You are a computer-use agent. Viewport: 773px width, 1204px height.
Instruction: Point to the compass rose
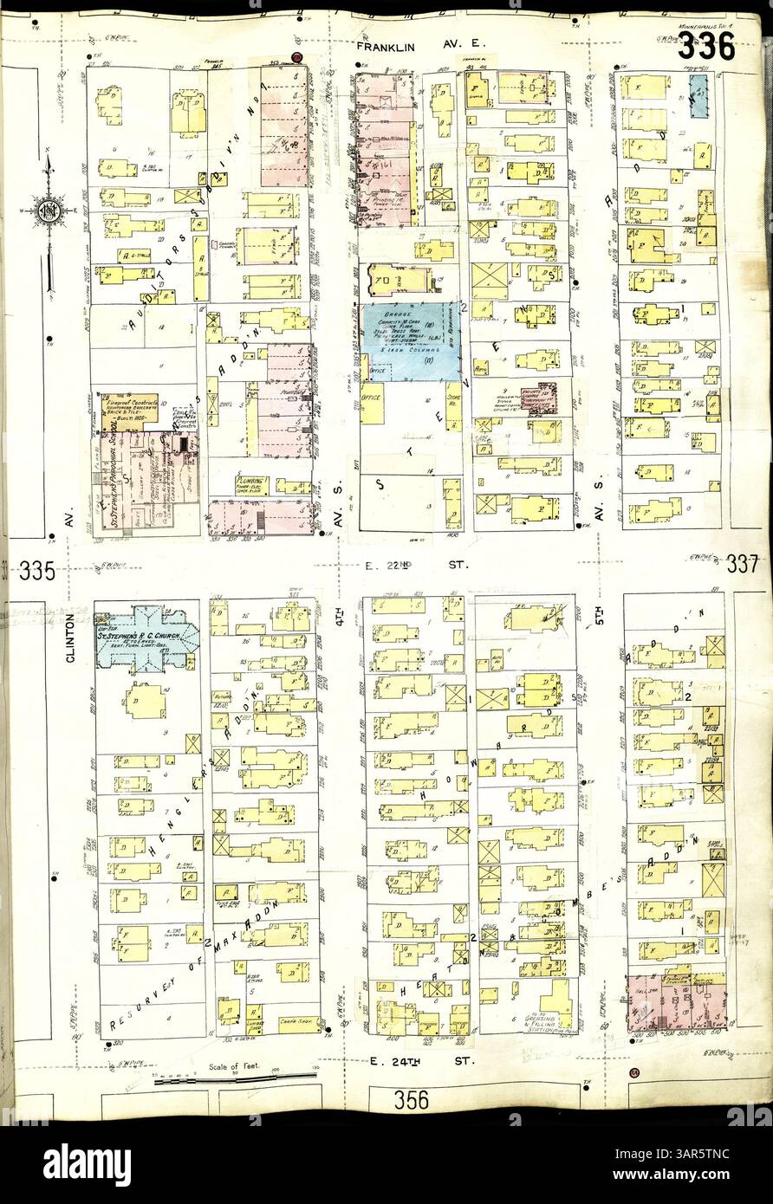[48, 210]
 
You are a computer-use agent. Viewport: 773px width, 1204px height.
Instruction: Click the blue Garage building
[411, 340]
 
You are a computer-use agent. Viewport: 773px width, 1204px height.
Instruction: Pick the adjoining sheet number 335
[36, 571]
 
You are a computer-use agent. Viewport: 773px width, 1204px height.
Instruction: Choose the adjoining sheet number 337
[744, 564]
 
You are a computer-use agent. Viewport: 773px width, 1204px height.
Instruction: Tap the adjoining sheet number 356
[411, 1099]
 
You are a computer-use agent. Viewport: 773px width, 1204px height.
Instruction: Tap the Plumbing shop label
[250, 482]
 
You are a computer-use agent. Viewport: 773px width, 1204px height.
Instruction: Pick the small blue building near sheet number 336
[698, 95]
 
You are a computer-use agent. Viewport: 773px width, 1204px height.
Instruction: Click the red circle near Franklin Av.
[296, 58]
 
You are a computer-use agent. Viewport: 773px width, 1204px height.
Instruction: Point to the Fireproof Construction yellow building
[130, 412]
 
